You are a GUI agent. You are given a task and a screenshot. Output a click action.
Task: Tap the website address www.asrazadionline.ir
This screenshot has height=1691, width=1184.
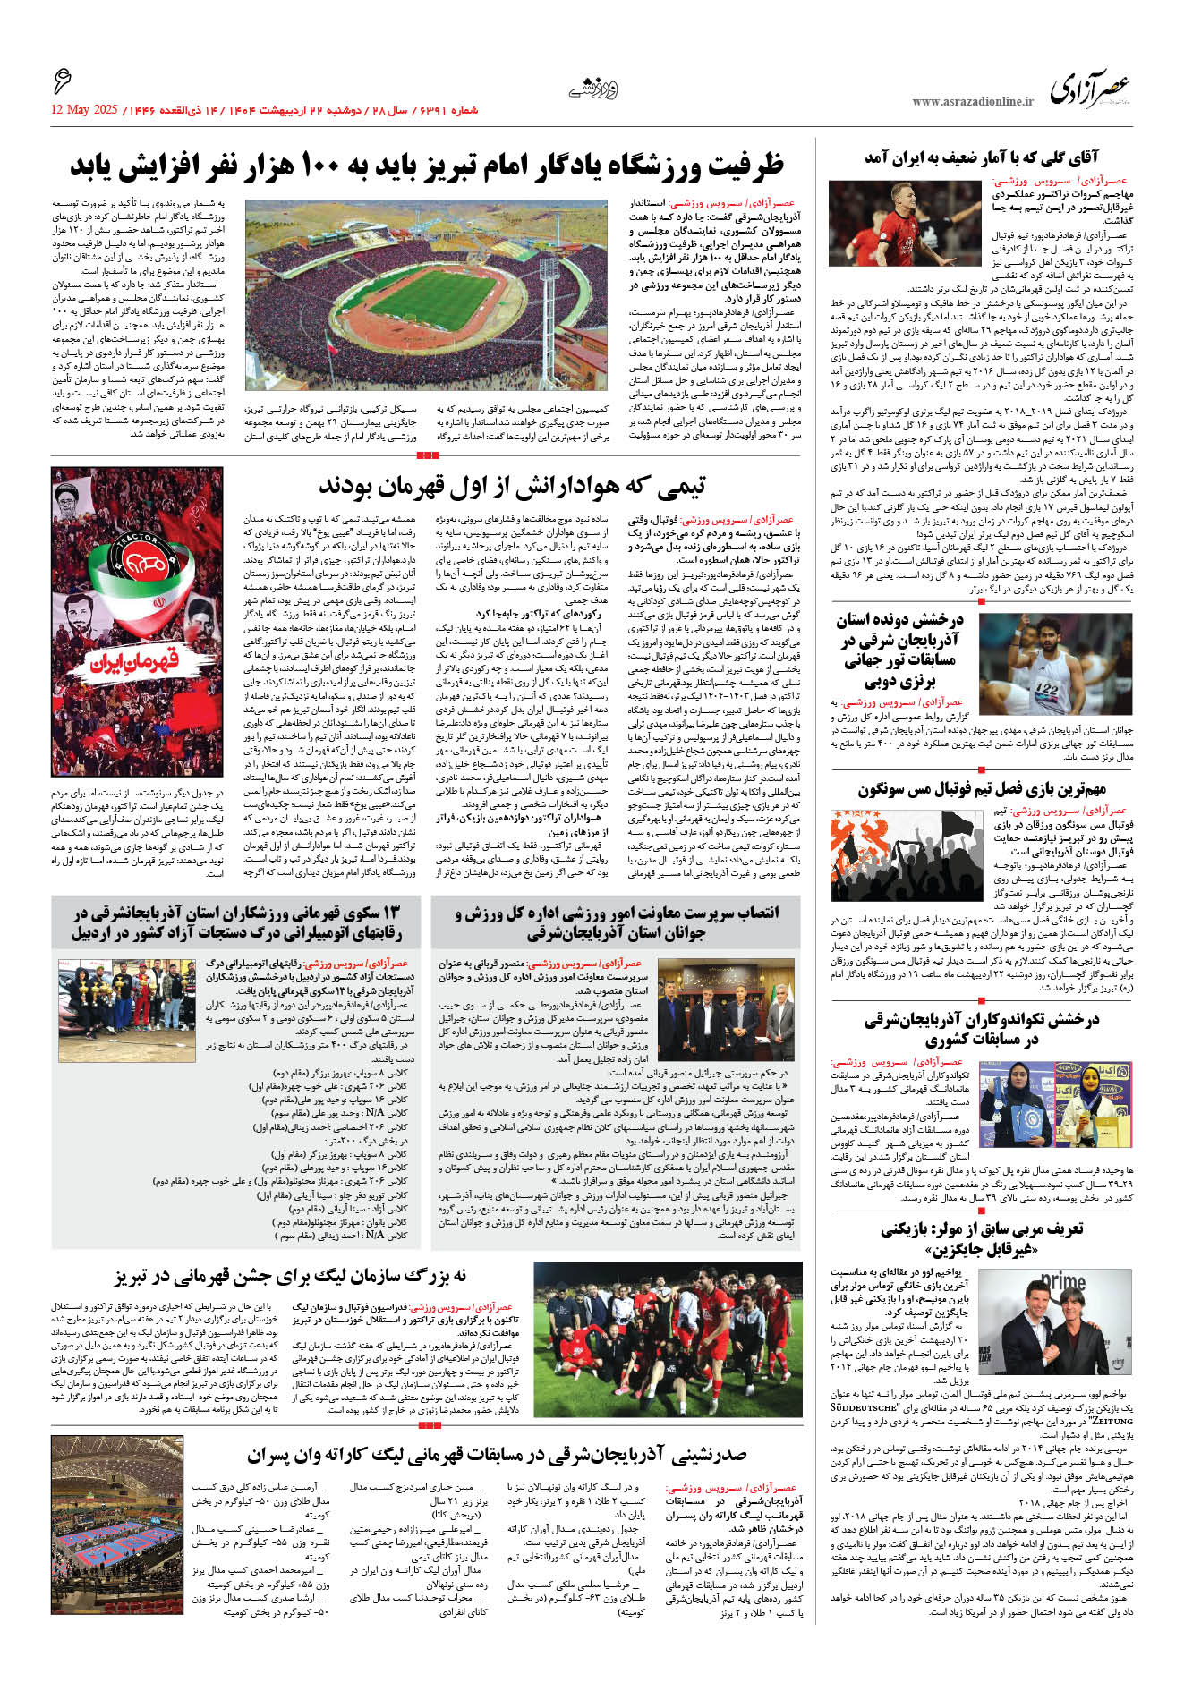(972, 102)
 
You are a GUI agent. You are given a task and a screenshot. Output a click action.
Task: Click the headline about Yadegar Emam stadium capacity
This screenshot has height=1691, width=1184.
(427, 166)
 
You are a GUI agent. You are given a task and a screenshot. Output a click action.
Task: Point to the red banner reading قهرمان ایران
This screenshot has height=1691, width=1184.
(134, 661)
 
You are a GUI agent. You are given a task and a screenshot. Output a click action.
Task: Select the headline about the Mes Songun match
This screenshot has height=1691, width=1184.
(982, 789)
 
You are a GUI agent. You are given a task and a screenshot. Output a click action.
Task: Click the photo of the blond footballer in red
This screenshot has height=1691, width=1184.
(905, 223)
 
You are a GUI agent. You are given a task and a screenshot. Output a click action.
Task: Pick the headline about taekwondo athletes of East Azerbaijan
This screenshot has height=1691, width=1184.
(982, 1030)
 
